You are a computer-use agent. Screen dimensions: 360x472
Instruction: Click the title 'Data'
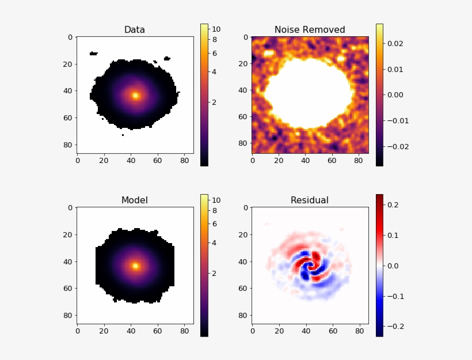point(135,30)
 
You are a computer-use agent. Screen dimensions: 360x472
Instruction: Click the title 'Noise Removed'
point(310,30)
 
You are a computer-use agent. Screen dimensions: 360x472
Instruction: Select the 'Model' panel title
point(135,200)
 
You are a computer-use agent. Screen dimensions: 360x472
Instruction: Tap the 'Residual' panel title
point(310,200)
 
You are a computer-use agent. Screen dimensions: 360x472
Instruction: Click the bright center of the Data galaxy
point(135,96)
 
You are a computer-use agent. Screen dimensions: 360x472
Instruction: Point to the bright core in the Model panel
point(135,266)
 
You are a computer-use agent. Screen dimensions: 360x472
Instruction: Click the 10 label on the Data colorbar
point(216,29)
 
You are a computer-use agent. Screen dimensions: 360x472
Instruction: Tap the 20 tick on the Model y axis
point(70,234)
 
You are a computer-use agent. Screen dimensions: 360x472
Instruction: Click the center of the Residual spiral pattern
point(310,266)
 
